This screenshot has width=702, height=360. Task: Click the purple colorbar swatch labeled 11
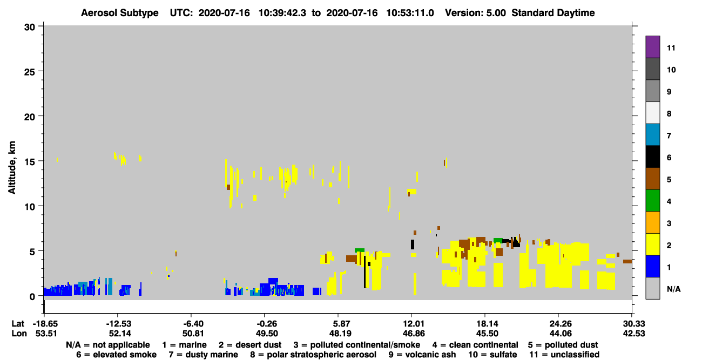[x=652, y=47]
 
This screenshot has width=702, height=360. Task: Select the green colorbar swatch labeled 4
[x=652, y=201]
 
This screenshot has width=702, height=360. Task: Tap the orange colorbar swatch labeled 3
[x=652, y=222]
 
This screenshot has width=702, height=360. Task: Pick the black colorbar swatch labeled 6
[x=652, y=157]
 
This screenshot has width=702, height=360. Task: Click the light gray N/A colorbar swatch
[x=652, y=288]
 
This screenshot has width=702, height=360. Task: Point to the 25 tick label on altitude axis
[x=30, y=72]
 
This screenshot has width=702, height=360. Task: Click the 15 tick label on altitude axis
[x=30, y=162]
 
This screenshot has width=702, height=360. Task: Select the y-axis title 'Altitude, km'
[x=11, y=168]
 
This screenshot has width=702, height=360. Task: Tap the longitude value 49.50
[x=266, y=334]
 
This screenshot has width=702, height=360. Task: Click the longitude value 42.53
[x=633, y=334]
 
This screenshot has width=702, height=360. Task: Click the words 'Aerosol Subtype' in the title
[x=120, y=13]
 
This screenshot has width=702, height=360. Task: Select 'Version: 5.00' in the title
[x=475, y=13]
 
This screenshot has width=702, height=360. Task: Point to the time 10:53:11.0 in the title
[x=410, y=13]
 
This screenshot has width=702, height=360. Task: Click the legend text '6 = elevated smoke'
[x=116, y=355]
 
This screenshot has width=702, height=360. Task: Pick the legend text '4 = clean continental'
[x=475, y=345]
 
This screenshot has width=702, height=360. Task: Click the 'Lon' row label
[x=19, y=334]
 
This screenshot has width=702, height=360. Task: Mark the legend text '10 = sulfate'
[x=492, y=355]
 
